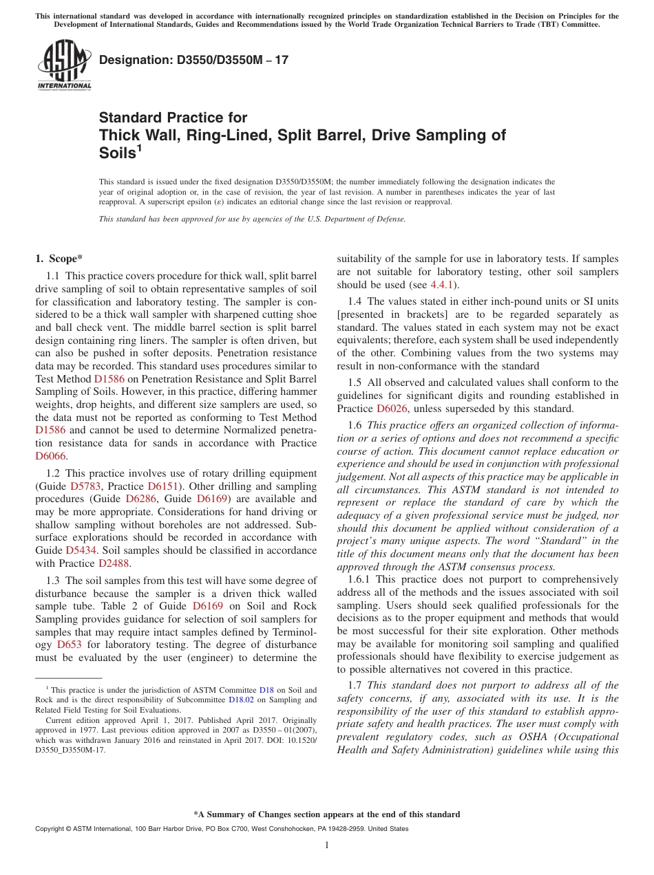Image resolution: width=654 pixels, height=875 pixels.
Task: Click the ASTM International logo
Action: pos(63,65)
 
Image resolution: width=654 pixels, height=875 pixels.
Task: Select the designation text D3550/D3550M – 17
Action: pos(193,61)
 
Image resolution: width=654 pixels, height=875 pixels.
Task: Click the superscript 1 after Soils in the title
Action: pos(139,148)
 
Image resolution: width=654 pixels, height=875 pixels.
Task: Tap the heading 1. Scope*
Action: pos(59,259)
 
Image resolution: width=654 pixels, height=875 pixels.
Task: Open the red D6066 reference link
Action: pos(52,455)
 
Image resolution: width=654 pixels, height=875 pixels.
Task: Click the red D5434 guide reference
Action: pos(80,550)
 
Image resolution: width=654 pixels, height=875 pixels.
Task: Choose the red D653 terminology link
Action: pos(70,645)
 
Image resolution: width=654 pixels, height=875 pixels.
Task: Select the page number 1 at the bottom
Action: pos(327,845)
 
